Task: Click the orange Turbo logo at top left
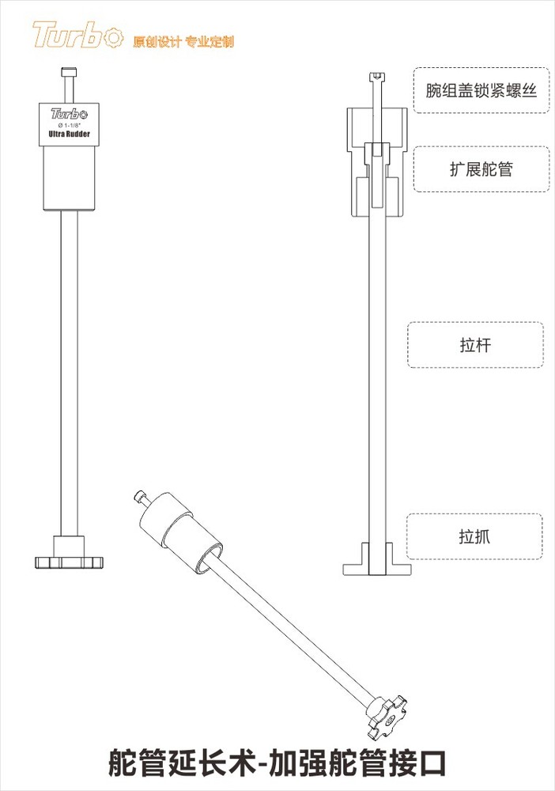pyautogui.click(x=77, y=36)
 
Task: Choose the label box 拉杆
pyautogui.click(x=474, y=345)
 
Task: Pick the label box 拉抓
pyautogui.click(x=474, y=537)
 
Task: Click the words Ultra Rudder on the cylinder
pyautogui.click(x=70, y=135)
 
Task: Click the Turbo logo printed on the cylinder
pyautogui.click(x=70, y=113)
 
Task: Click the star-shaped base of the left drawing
pyautogui.click(x=70, y=562)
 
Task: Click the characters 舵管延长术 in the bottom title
pyautogui.click(x=180, y=764)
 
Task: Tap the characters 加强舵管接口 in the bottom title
pyautogui.click(x=358, y=764)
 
